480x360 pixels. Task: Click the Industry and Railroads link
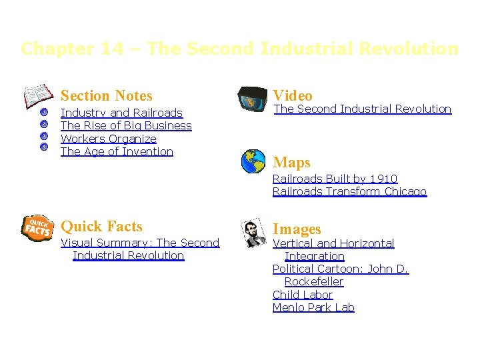[x=121, y=113]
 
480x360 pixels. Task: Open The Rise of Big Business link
[x=126, y=125]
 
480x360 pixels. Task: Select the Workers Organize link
[x=109, y=139]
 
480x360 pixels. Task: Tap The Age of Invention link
[x=117, y=151]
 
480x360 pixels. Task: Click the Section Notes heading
[x=107, y=96]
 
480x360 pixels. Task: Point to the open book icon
[x=38, y=95]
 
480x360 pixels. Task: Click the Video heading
[x=293, y=96]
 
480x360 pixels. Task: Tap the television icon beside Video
[x=253, y=98]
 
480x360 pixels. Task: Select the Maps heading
[x=291, y=163]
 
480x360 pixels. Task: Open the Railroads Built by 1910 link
[x=335, y=179]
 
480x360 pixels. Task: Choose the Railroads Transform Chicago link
[x=349, y=191]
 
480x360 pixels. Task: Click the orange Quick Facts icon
[x=37, y=227]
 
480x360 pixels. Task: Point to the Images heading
[x=297, y=229]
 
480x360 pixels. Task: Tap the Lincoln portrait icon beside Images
[x=254, y=233]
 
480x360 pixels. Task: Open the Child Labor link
[x=302, y=295]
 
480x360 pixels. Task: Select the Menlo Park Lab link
[x=313, y=307]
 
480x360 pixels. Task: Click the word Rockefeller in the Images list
[x=313, y=281]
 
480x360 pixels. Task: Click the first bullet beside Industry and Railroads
[x=43, y=111]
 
